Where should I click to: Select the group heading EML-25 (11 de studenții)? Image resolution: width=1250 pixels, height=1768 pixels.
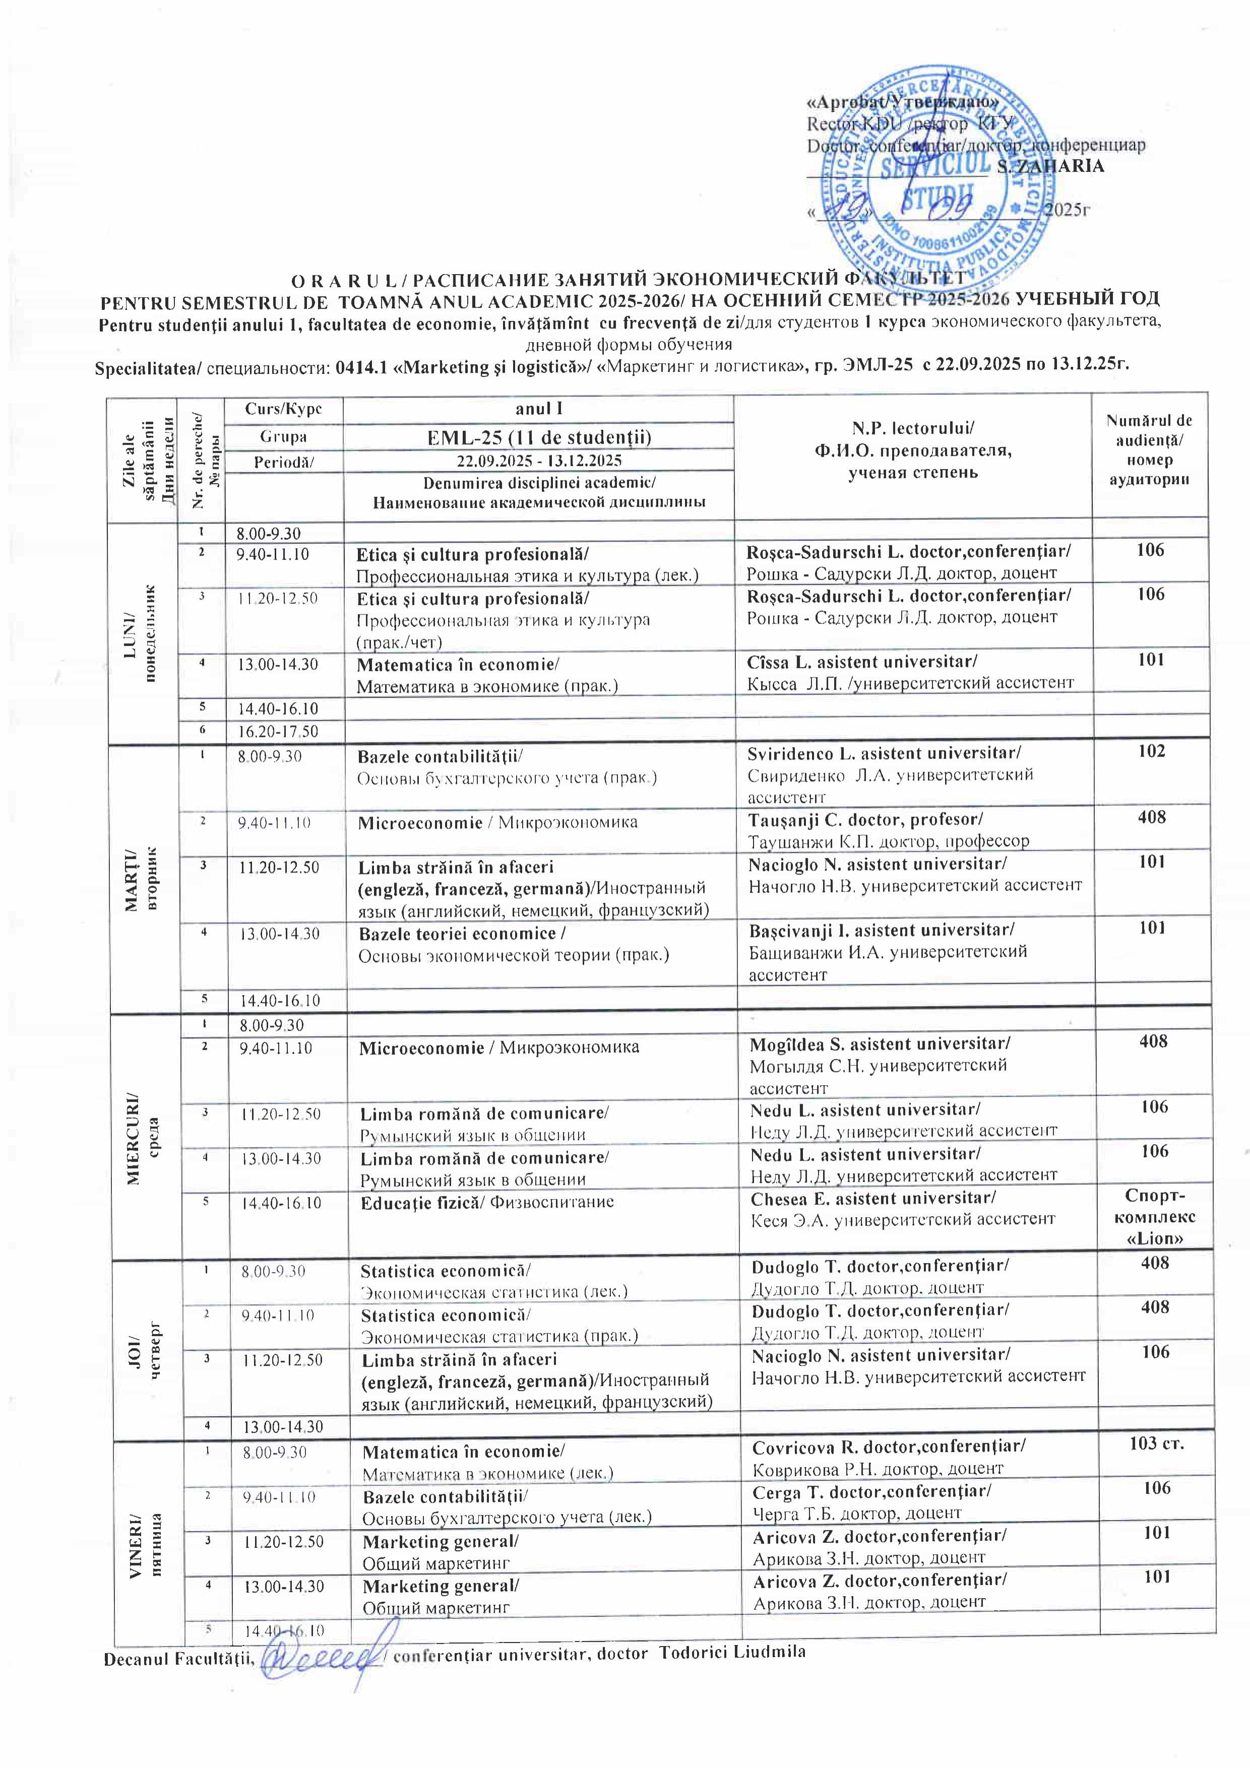click(x=538, y=437)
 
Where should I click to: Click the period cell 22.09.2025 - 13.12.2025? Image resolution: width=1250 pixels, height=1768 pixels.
click(x=538, y=461)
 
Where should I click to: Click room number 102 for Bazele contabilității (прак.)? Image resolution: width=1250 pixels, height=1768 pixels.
click(x=1151, y=751)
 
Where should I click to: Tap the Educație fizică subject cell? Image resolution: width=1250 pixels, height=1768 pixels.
click(x=487, y=1201)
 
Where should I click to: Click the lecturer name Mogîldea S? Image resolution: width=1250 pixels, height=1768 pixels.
click(x=880, y=1043)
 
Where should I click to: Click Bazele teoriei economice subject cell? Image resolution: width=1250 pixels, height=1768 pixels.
click(x=514, y=944)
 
